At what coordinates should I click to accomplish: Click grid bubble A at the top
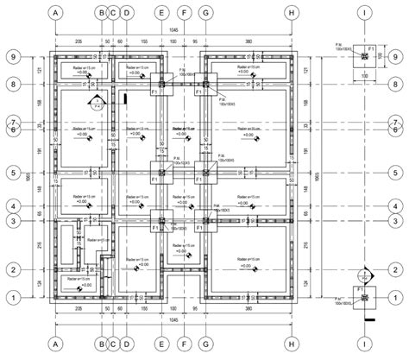click(56, 14)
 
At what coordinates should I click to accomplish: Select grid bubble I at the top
click(366, 14)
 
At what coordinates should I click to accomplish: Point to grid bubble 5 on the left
click(15, 173)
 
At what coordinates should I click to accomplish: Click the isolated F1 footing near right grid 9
click(366, 56)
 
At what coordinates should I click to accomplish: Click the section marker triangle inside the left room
click(97, 96)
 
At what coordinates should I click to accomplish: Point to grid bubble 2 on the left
click(15, 269)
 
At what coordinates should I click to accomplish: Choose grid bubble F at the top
click(184, 14)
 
